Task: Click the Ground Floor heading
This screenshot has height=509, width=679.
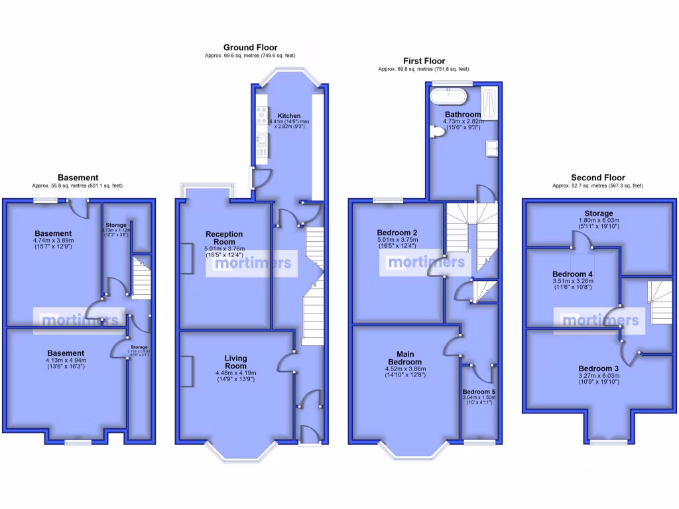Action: (x=250, y=47)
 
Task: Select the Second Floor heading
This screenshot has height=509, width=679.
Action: (x=597, y=178)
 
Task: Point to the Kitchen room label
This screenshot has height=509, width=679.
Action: (x=290, y=115)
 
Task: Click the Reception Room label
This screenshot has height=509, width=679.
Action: (x=224, y=238)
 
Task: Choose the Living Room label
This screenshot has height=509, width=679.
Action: (x=235, y=362)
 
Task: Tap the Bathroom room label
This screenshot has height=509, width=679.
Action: (x=462, y=115)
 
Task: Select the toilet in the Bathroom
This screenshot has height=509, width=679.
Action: (x=437, y=133)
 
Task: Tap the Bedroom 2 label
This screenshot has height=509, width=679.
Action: (x=397, y=233)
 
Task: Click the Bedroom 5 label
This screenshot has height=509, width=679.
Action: (x=479, y=392)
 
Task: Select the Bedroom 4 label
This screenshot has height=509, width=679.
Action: (x=572, y=274)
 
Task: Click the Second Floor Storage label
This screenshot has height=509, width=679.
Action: (x=598, y=213)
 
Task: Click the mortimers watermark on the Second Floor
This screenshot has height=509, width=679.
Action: (x=601, y=321)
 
